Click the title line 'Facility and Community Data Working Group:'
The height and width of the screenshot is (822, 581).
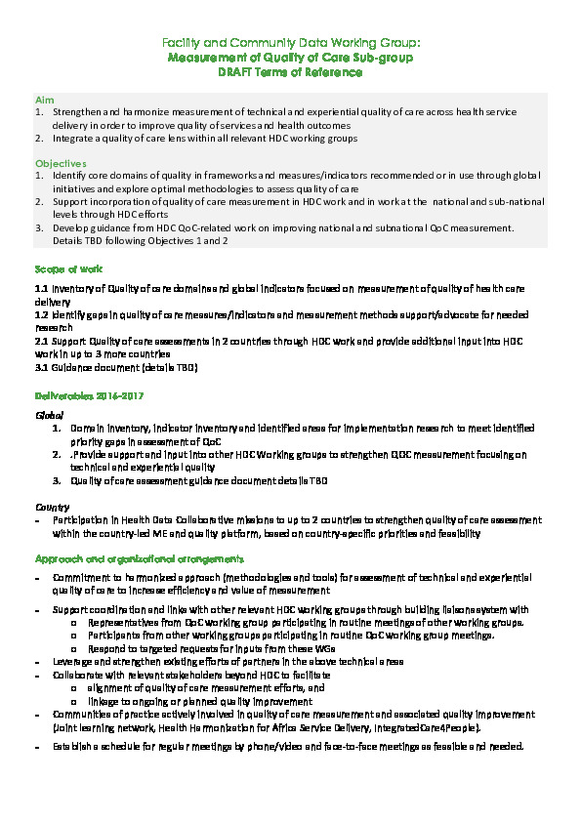[290, 44]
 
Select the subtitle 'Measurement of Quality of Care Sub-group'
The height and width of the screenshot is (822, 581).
[290, 58]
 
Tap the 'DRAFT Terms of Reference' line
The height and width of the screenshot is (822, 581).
[290, 72]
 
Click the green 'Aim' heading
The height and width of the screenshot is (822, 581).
[44, 101]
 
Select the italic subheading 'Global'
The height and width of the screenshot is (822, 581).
[49, 415]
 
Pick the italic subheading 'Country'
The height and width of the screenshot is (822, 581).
[52, 507]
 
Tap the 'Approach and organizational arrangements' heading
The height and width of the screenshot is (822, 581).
[139, 557]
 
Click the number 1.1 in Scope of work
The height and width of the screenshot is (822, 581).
[41, 290]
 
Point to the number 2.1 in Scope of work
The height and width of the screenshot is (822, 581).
[41, 341]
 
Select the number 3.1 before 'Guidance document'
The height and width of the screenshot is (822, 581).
[41, 367]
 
